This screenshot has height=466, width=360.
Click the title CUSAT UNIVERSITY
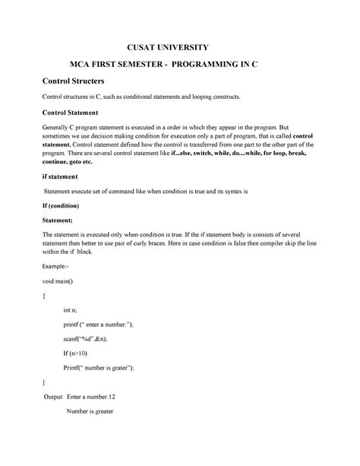(x=179, y=46)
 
